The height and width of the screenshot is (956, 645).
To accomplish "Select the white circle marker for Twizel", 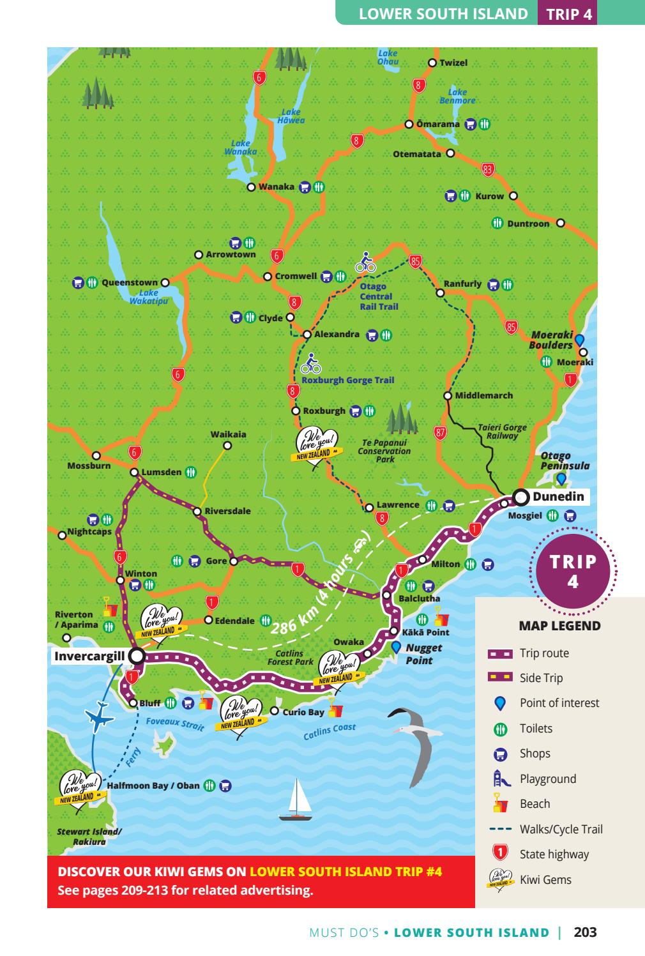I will (x=432, y=63).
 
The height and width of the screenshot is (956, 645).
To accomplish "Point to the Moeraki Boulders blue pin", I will (x=579, y=340).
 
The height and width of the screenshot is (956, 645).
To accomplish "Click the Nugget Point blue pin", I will (x=397, y=647).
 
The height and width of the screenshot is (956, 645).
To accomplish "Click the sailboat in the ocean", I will (x=296, y=799).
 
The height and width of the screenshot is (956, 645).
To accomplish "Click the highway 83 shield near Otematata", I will (x=488, y=169).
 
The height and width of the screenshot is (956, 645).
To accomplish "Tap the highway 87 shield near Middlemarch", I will (x=440, y=432).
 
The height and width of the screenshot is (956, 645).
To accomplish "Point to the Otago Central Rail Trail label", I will (x=379, y=297).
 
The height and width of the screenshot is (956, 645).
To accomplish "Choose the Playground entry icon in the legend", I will (x=501, y=778).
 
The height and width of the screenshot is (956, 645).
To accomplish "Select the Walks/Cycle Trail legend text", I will (x=561, y=829).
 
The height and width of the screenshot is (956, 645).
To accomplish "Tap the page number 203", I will (x=585, y=932).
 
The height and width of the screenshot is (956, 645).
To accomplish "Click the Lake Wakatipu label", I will (x=149, y=297).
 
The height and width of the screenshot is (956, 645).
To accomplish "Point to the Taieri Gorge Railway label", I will (x=502, y=432).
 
